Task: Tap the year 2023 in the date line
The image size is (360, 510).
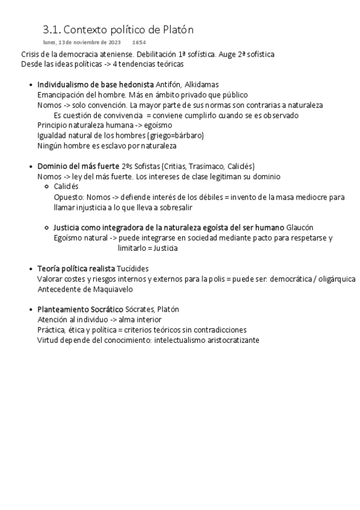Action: [114, 43]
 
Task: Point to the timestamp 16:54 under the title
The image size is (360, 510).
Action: [139, 43]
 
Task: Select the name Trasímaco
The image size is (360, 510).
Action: [212, 166]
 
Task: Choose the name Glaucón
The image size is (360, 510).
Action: [300, 227]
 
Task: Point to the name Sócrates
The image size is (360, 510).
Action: [139, 309]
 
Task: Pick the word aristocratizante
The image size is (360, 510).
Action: [227, 340]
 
